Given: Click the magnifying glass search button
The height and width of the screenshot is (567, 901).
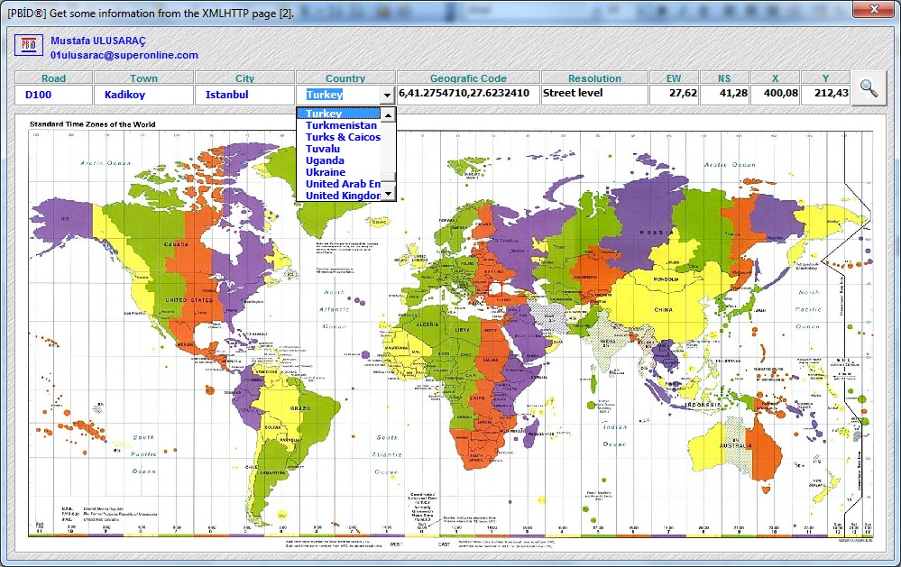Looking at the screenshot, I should click(x=869, y=88).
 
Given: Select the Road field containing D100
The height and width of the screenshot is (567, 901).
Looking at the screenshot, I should click(x=53, y=95).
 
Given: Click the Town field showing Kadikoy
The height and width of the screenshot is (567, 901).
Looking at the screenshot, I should click(x=143, y=95).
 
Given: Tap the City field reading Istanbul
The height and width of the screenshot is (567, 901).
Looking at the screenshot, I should click(x=244, y=95).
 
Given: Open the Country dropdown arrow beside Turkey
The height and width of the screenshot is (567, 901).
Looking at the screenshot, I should click(x=387, y=96).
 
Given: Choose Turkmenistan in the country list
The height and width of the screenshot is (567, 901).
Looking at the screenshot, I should click(x=341, y=125).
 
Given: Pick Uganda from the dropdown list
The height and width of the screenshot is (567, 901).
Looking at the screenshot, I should click(x=325, y=160).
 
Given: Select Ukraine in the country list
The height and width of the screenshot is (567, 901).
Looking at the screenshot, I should click(x=325, y=172).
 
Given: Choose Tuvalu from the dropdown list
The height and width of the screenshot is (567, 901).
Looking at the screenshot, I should click(x=323, y=149).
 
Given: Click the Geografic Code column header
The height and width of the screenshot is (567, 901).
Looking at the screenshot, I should click(x=468, y=78).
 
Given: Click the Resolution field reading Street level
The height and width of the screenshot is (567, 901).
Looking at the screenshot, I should click(x=593, y=94).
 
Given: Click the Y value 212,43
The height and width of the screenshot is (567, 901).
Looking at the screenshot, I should click(x=824, y=94).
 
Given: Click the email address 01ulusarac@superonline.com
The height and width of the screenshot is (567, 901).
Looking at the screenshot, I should click(x=124, y=55).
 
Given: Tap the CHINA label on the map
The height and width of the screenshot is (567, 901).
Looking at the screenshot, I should click(x=663, y=309).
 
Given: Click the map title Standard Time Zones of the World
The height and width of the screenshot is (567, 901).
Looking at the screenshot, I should click(x=92, y=123).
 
